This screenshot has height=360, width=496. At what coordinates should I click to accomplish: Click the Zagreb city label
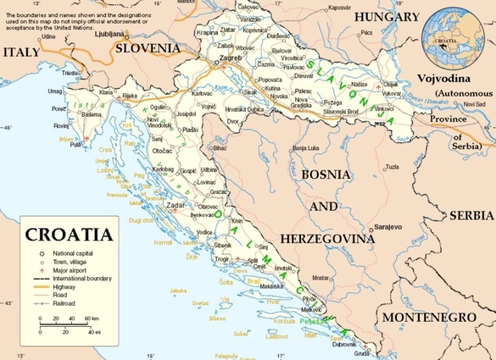pos(231,58)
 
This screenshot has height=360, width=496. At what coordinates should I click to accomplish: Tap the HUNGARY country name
pos(387,17)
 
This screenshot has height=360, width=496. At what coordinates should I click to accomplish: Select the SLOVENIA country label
pos(148,48)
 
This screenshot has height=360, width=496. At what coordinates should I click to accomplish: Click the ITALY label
pos(20,53)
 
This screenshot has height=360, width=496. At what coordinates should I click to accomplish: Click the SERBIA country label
pos(471,216)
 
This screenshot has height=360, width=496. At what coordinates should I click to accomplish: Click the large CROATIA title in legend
pos(68,235)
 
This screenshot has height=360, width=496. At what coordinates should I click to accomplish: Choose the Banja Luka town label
pos(308,148)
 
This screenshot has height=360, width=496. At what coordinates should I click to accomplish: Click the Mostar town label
pos(319,277)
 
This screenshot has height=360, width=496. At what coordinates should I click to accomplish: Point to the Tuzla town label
pos(391,167)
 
